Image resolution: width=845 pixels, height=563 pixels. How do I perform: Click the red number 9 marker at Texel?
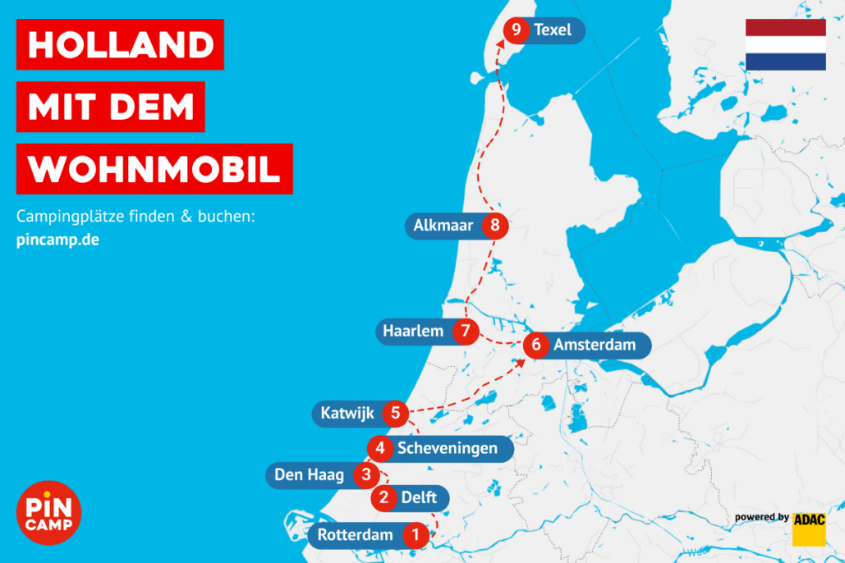coord(516,31)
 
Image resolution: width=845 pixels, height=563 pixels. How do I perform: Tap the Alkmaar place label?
coord(443,225)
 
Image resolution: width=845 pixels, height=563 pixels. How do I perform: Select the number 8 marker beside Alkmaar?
coord(494,225)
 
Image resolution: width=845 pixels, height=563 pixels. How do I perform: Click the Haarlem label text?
coord(413,332)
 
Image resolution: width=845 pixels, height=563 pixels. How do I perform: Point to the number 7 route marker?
coord(466,332)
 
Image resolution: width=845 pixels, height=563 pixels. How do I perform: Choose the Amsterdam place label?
coord(595,346)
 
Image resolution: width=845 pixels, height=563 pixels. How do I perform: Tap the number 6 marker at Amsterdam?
coord(536,346)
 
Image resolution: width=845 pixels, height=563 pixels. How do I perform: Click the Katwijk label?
coord(347,413)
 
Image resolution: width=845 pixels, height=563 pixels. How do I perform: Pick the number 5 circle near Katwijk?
coord(396,413)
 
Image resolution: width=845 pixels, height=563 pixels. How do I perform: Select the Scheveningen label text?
coord(448,448)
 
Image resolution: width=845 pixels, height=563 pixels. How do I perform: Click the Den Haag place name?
coord(309,474)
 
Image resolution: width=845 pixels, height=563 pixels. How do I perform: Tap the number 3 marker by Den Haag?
coord(366,474)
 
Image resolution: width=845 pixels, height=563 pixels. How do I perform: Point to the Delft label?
coord(419,497)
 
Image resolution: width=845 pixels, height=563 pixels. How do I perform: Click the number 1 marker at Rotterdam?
coord(416,536)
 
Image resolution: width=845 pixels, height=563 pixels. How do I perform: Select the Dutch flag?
coord(785,44)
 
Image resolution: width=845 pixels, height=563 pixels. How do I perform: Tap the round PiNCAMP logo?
coord(48,513)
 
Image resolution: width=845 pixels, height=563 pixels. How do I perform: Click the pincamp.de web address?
coord(57,240)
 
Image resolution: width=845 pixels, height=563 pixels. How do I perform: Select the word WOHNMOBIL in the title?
coord(154,169)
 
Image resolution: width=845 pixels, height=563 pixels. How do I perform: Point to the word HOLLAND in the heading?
coord(120,44)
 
